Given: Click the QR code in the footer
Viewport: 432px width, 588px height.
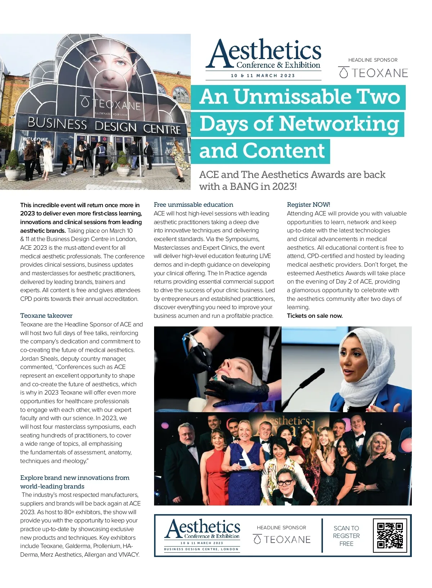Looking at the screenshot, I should pyautogui.click(x=390, y=535).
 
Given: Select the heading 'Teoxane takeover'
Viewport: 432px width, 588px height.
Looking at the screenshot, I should pyautogui.click(x=46, y=316).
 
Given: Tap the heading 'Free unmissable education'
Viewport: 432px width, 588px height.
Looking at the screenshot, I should pyautogui.click(x=193, y=205).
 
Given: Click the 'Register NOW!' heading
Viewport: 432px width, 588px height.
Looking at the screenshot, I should pyautogui.click(x=308, y=205).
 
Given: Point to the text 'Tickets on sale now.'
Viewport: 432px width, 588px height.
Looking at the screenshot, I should pyautogui.click(x=315, y=316).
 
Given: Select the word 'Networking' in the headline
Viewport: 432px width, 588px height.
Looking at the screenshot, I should pyautogui.click(x=339, y=124).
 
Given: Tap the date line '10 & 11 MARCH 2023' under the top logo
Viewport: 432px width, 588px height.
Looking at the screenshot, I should pyautogui.click(x=263, y=76).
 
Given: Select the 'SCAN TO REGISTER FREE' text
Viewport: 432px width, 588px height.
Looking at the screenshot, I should pyautogui.click(x=346, y=536).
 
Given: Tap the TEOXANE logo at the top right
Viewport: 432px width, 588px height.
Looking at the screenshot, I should pyautogui.click(x=373, y=73).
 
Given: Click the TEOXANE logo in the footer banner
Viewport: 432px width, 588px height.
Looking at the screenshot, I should pyautogui.click(x=282, y=539).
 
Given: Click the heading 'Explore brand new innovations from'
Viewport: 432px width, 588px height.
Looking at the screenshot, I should pyautogui.click(x=75, y=478).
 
